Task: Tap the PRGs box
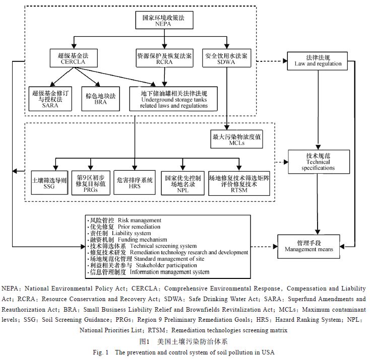tap(90, 182)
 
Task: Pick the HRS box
tap(135, 182)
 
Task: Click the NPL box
tap(183, 182)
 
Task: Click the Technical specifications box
tap(318, 161)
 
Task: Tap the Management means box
tap(316, 245)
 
